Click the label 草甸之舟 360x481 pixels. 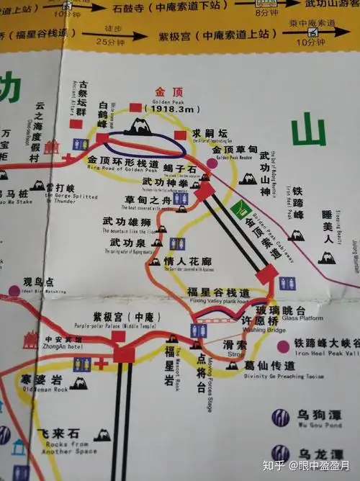tap(145, 199)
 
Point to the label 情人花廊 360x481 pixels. tap(190, 261)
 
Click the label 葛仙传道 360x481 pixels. tap(271, 365)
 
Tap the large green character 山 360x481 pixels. tap(310, 132)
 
